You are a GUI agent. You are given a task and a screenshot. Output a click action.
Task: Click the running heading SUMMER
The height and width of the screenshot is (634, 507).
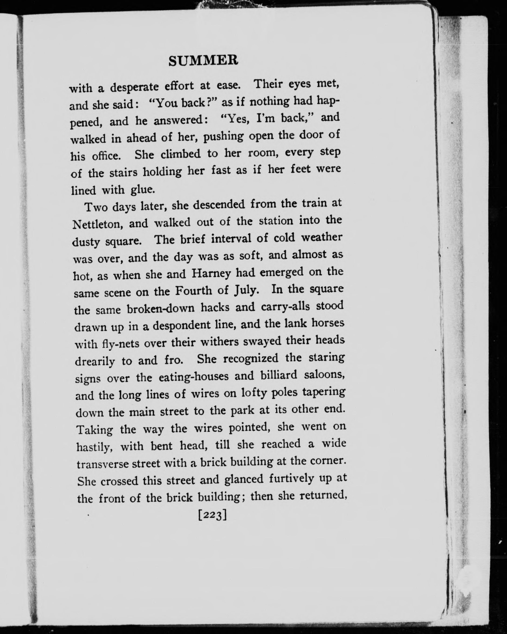203,61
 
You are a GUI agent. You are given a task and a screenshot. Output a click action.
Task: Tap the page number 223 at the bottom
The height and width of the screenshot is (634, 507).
212,515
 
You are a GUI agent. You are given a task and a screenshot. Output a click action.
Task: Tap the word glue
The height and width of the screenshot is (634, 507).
142,190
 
